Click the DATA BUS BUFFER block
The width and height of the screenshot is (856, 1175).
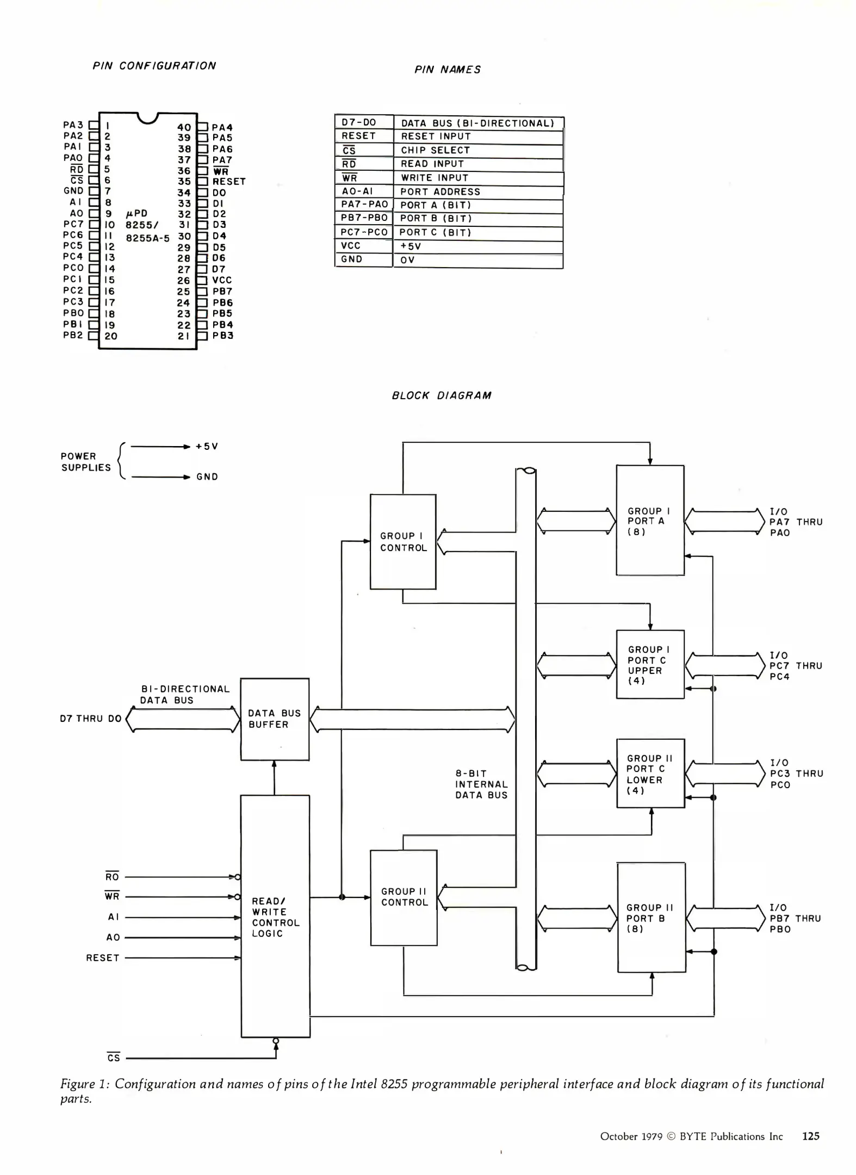[x=275, y=719]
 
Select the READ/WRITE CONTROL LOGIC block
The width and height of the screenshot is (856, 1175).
[x=275, y=917]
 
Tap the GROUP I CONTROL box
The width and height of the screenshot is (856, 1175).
[x=403, y=542]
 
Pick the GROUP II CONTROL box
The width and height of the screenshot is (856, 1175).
[x=404, y=898]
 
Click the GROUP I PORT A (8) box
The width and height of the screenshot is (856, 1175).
[x=650, y=521]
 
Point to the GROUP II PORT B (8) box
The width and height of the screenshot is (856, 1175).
[x=651, y=918]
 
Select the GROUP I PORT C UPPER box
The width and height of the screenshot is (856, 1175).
[x=650, y=664]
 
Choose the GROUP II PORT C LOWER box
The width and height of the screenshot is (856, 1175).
[x=650, y=773]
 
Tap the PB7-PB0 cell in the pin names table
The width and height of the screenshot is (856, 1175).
[x=364, y=218]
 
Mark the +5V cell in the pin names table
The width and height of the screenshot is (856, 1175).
[x=411, y=246]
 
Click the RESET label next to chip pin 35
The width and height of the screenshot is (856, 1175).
[x=229, y=182]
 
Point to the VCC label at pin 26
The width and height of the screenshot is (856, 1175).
[x=222, y=280]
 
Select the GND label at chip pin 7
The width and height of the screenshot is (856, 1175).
[x=73, y=191]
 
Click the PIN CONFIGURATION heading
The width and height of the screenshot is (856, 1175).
[x=154, y=66]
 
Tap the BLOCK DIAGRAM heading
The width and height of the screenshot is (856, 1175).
[x=442, y=395]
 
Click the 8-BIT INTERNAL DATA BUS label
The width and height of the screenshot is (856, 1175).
[x=481, y=784]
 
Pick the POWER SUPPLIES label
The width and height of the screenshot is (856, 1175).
[x=85, y=462]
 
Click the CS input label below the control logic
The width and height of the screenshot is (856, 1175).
[x=114, y=1058]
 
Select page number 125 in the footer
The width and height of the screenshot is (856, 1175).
[x=810, y=1136]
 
